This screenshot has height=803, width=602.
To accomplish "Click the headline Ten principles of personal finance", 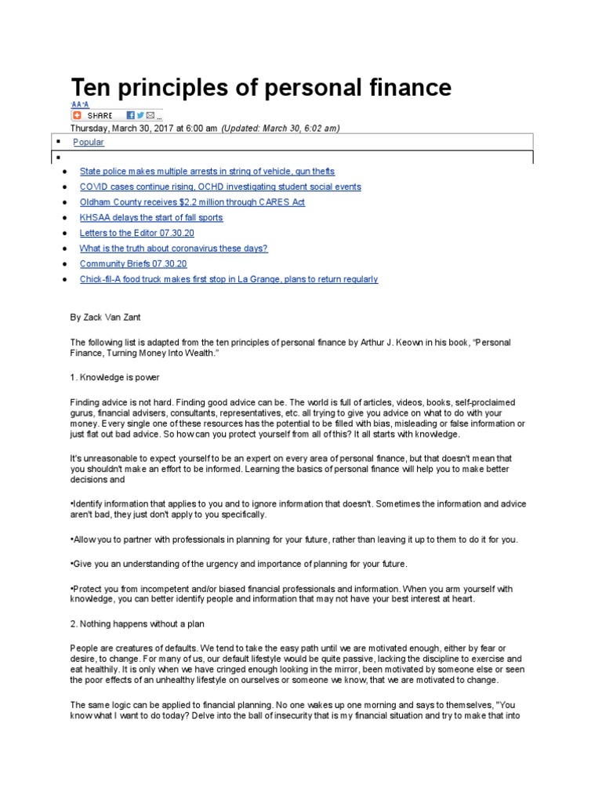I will click(x=261, y=87).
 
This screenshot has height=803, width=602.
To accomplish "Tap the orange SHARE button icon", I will click(x=77, y=115).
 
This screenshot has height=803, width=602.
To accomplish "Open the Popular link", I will click(x=89, y=142).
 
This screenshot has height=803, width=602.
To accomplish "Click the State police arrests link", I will click(x=207, y=171).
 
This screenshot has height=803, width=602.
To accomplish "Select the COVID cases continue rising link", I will click(x=220, y=187).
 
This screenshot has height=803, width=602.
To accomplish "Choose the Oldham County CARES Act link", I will click(x=192, y=202).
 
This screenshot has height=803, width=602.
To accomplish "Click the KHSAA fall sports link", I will click(x=151, y=217).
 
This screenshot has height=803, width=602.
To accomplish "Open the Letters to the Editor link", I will click(x=136, y=233).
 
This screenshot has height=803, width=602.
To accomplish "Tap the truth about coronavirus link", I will click(x=173, y=249).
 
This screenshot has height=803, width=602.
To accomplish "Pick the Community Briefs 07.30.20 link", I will click(x=133, y=263).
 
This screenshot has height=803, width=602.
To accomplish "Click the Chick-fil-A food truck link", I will click(x=228, y=279).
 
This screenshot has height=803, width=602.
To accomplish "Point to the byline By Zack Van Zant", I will click(x=106, y=317).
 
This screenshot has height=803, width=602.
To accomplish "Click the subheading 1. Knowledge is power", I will click(x=114, y=377).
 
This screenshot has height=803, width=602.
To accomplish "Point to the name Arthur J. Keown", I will click(x=435, y=343).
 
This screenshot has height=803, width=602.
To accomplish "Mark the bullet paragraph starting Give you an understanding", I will click(x=239, y=564).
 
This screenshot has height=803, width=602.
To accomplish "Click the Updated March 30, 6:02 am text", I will click(x=281, y=129).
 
